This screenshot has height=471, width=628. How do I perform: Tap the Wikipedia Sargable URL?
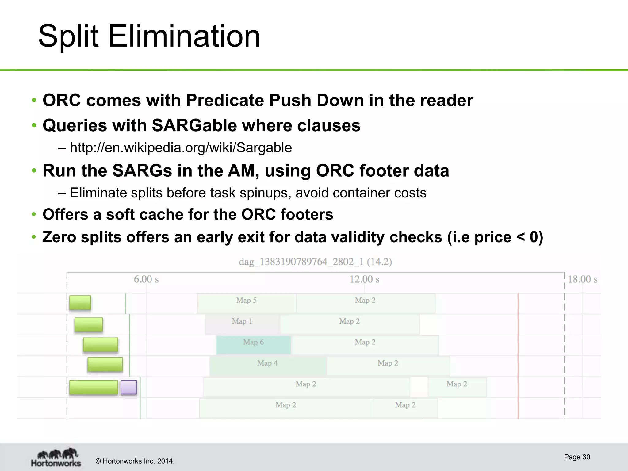click(x=181, y=148)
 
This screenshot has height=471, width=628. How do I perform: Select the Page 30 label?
click(x=577, y=457)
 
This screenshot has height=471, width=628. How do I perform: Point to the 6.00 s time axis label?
click(x=146, y=279)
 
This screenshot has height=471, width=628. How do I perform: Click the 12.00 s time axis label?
click(x=364, y=279)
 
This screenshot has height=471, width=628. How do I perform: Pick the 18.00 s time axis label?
click(x=582, y=279)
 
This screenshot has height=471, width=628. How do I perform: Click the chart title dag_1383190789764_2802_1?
click(x=315, y=262)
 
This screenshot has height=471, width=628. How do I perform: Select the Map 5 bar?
click(x=247, y=303)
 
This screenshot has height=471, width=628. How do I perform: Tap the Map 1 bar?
click(x=242, y=324)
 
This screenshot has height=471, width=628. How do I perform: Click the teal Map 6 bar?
click(x=253, y=345)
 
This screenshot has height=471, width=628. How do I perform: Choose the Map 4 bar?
click(x=267, y=366)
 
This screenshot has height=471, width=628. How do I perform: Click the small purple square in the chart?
click(x=129, y=387)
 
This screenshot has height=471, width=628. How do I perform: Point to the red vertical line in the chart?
click(x=518, y=356)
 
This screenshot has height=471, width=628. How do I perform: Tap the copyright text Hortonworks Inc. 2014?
click(x=135, y=461)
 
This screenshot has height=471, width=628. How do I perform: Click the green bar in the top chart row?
click(x=80, y=303)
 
